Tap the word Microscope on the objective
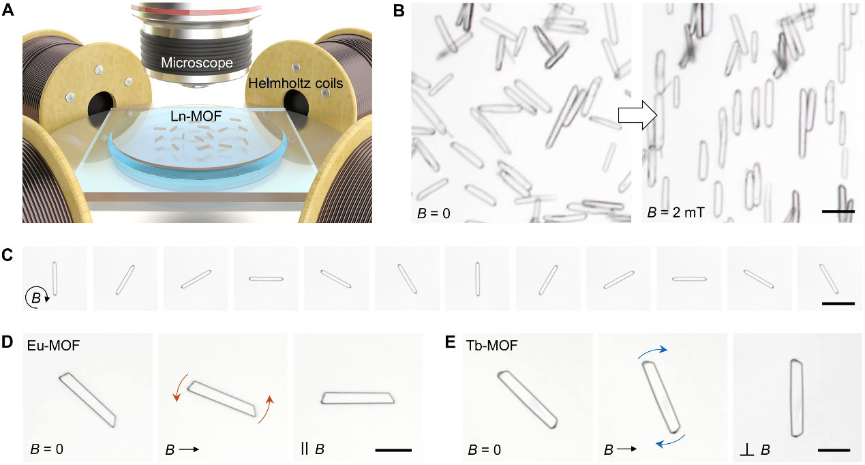tap(197, 63)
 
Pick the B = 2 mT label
tap(677, 213)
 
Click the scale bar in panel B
tap(838, 211)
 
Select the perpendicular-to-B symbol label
tap(755, 450)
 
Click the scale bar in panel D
tap(393, 450)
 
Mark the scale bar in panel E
tap(832, 450)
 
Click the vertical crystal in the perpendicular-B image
tap(796, 397)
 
